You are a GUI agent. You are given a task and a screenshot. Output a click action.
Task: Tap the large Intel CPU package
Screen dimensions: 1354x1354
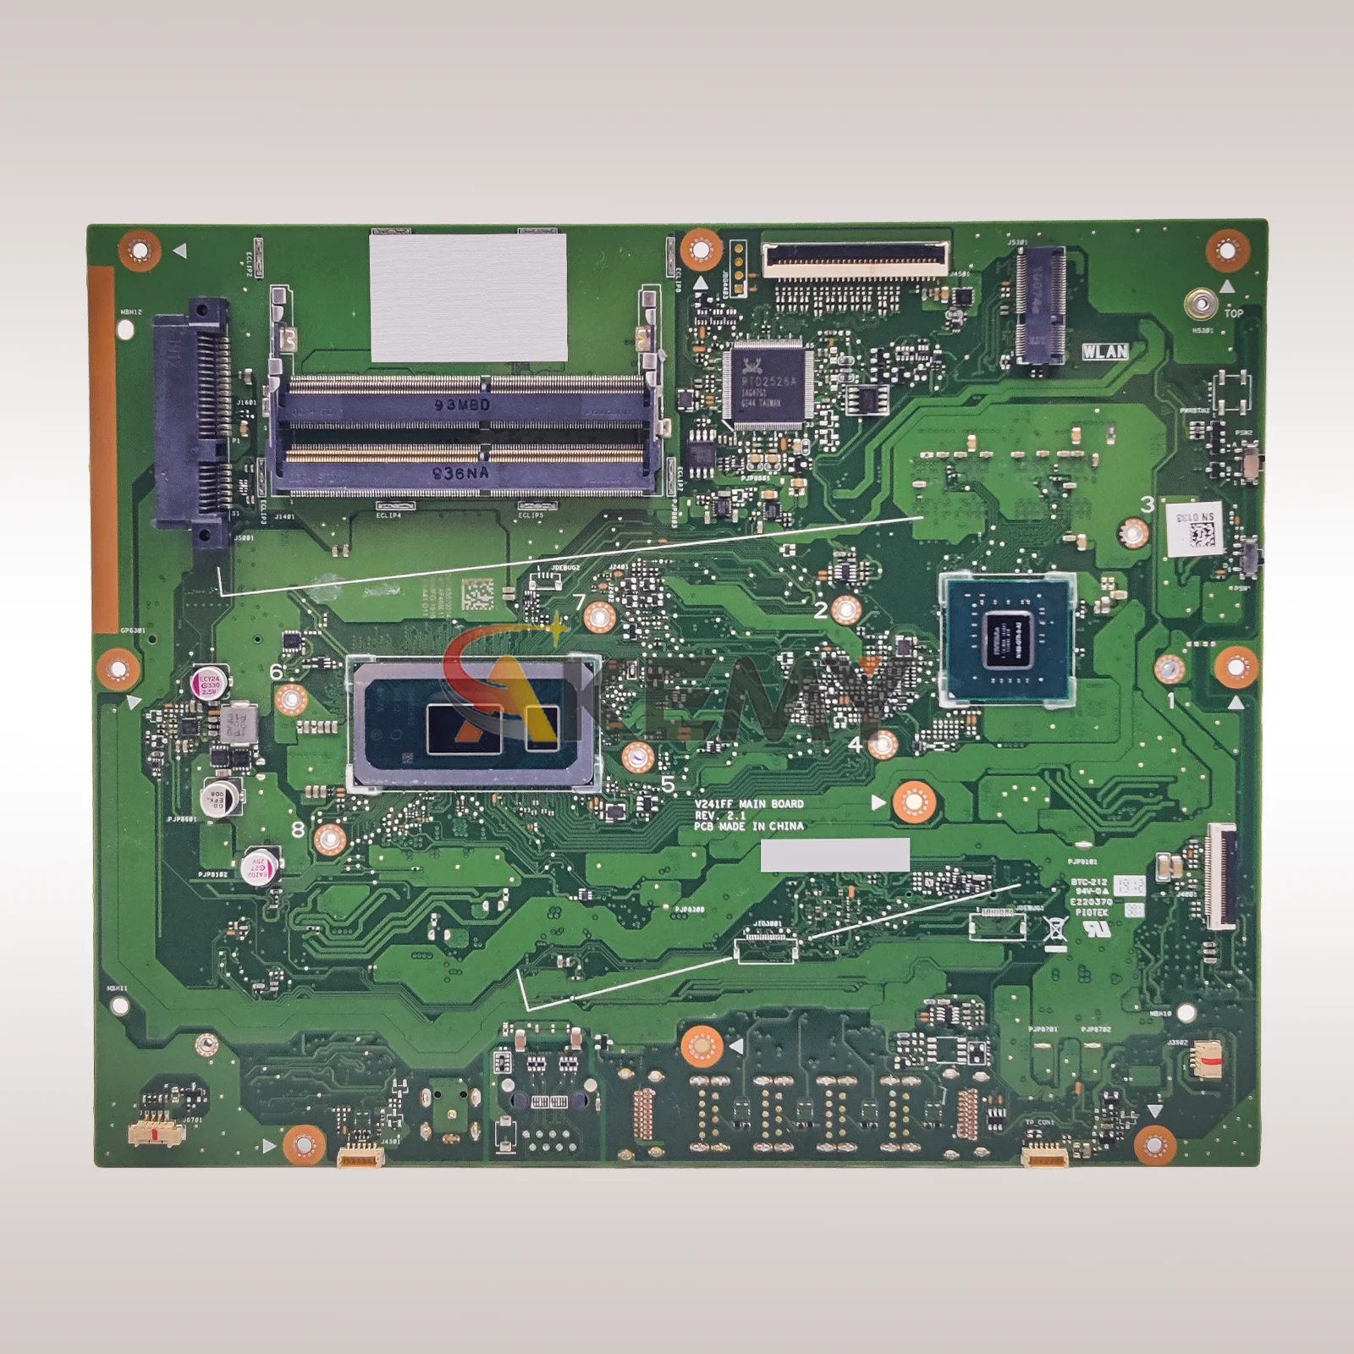[476, 724]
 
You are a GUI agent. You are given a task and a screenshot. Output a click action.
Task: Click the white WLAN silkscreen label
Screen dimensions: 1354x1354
[1105, 351]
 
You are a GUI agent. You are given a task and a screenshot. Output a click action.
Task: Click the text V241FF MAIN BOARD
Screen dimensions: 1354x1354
[749, 804]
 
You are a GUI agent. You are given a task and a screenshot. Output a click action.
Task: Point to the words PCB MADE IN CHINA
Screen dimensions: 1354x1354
[749, 826]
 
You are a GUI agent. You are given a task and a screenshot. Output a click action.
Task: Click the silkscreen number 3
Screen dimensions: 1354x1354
[1147, 505]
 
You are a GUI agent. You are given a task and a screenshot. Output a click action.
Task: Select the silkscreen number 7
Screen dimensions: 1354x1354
[579, 603]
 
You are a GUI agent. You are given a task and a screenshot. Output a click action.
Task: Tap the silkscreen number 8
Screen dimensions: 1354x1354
[298, 829]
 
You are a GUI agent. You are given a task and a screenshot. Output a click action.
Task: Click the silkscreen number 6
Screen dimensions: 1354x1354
[276, 672]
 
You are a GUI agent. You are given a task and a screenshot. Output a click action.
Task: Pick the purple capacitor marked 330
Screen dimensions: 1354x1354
[207, 684]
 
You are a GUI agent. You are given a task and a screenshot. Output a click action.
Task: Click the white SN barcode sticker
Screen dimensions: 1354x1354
[1195, 530]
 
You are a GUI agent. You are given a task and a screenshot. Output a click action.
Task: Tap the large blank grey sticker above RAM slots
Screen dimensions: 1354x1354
[469, 298]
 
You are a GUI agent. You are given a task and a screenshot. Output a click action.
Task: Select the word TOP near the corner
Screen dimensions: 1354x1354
[1233, 313]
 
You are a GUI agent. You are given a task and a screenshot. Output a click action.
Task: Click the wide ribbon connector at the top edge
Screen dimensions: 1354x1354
[856, 259]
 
